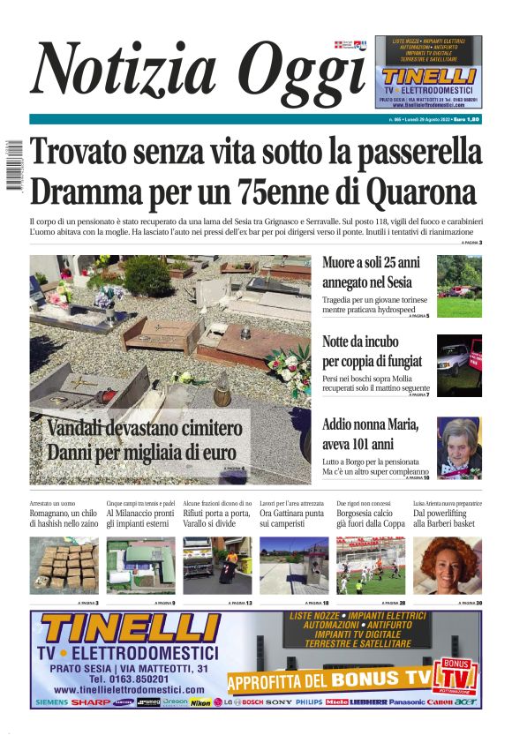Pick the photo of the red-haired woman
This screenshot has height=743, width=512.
point(459,566)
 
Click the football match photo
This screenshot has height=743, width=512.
point(371,566)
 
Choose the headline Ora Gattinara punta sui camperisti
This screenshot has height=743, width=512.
point(294,518)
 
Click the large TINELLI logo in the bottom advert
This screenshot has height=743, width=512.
point(129,631)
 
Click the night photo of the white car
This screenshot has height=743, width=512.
point(459,364)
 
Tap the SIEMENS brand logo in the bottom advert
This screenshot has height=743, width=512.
point(51,702)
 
